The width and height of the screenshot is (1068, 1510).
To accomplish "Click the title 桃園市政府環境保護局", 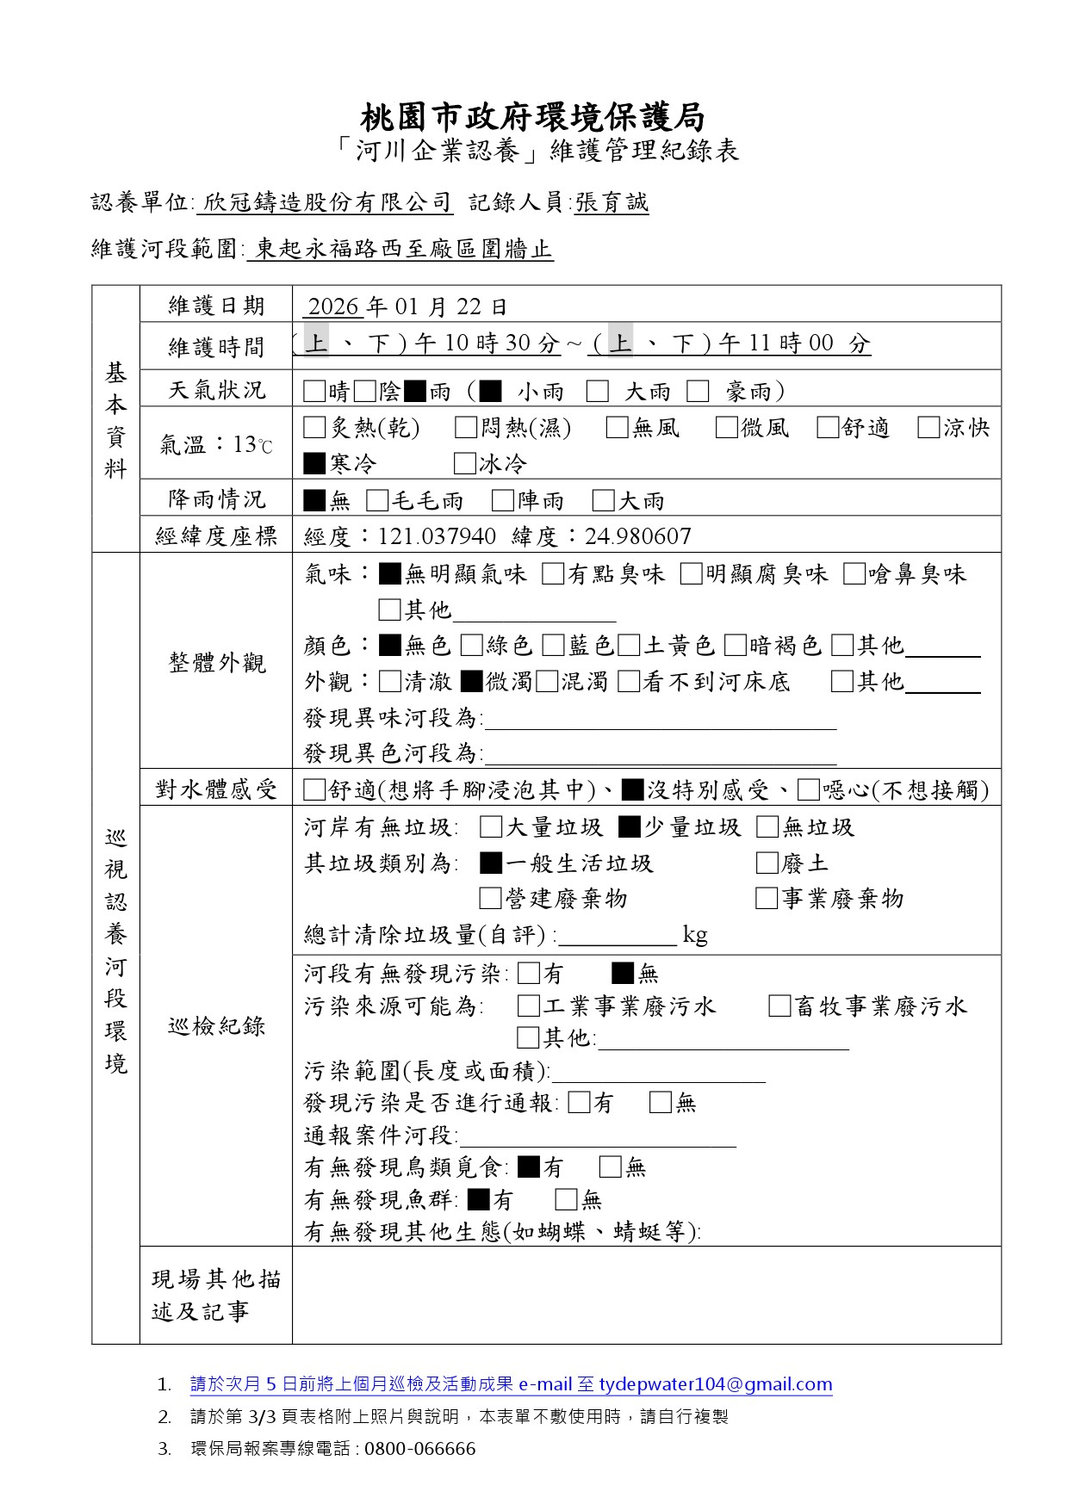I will pos(533,116).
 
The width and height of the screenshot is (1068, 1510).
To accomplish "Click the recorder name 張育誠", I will pos(612,203).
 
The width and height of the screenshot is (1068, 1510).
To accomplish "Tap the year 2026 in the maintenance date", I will pos(332,306).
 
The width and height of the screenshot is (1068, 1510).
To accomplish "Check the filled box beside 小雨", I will pos(490,392).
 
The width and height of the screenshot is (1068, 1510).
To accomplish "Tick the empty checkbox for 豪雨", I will pos(699,392).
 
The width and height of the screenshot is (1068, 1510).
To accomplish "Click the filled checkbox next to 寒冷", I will pos(314,464).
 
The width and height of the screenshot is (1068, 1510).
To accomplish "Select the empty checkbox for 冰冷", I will pos(465,464).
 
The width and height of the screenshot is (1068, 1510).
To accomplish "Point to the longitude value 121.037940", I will pos(437,537).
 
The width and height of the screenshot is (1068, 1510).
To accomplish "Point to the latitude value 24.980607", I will pos(637,537).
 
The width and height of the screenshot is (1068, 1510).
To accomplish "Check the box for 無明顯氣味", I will pos(390,574).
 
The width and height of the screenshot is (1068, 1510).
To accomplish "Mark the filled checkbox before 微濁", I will pos(471,682).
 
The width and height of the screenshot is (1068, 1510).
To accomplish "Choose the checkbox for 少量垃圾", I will pos(630,827).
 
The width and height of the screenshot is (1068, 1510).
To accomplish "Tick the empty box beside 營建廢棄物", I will pos(490,899).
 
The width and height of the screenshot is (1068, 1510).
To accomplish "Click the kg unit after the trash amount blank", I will pos(695,935).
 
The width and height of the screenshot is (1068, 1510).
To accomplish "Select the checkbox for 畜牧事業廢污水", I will pos(779,1006).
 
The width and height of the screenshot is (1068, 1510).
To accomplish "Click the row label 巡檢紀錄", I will pos(216,1026).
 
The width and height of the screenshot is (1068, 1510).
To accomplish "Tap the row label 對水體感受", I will pos(216,789).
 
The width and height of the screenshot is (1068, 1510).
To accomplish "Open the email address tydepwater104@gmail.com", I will pos(716,1384).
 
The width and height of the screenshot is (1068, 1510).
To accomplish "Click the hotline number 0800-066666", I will pos(419,1449).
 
